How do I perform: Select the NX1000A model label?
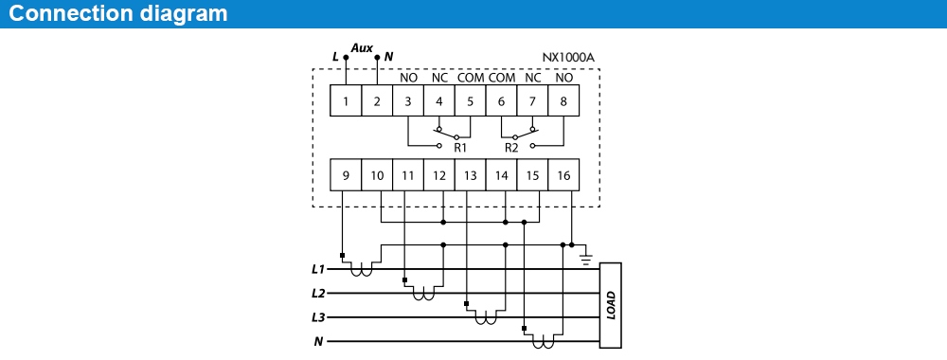pyautogui.click(x=568, y=57)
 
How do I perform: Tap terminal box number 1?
pyautogui.click(x=346, y=101)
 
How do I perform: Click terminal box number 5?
pyautogui.click(x=470, y=101)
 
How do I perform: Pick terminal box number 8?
pyautogui.click(x=563, y=101)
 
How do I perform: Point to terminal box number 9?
pyautogui.click(x=346, y=175)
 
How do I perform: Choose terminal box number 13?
pyautogui.click(x=470, y=175)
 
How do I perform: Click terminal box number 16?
pyautogui.click(x=563, y=175)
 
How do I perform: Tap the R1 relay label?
pyautogui.click(x=460, y=148)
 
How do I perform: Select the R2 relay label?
pyautogui.click(x=511, y=148)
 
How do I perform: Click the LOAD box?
pyautogui.click(x=611, y=305)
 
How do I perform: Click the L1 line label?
pyautogui.click(x=318, y=269)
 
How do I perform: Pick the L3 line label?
pyautogui.click(x=318, y=316)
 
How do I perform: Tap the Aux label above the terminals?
pyautogui.click(x=361, y=46)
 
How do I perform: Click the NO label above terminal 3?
pyautogui.click(x=408, y=78)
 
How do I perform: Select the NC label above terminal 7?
pyautogui.click(x=532, y=78)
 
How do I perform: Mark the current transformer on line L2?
pyautogui.click(x=423, y=296)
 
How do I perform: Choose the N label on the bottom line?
pyautogui.click(x=319, y=341)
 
